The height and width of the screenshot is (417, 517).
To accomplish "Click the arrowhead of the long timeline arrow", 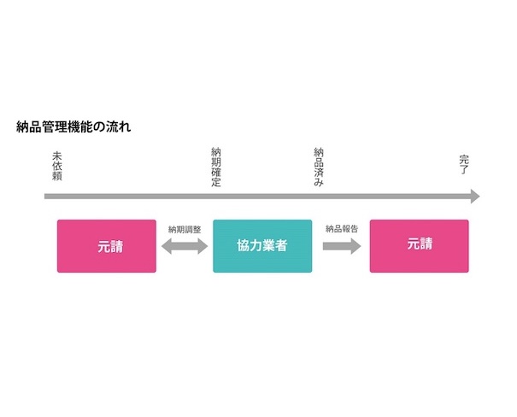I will coord(474,197).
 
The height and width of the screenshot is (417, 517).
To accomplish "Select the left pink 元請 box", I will coord(107,246).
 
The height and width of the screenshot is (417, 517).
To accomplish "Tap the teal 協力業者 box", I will coord(262,246).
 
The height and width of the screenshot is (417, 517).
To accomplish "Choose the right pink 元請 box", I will coord(419,246).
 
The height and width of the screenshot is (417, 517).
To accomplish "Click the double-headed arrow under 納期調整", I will coord(185,246).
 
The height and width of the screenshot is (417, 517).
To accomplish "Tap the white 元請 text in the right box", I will coord(420,244).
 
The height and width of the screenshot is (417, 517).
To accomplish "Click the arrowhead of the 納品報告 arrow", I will coord(355,246).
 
